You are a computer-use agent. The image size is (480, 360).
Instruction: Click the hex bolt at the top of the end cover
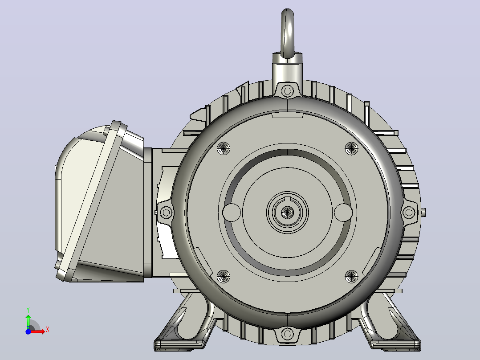(x=287, y=91)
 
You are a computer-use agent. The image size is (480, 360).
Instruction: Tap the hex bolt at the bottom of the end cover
(x=287, y=334)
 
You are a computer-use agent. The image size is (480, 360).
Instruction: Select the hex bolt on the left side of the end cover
(x=166, y=212)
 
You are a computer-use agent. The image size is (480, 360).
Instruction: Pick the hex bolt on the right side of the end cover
(x=409, y=212)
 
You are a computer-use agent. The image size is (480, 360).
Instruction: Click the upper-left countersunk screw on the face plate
(x=224, y=149)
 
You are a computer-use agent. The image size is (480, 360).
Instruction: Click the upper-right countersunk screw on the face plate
(x=351, y=149)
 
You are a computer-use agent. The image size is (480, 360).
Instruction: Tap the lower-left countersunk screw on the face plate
(x=224, y=277)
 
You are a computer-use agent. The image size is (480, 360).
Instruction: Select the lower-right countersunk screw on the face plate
(x=351, y=277)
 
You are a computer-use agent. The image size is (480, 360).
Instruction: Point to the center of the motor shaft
(x=287, y=212)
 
